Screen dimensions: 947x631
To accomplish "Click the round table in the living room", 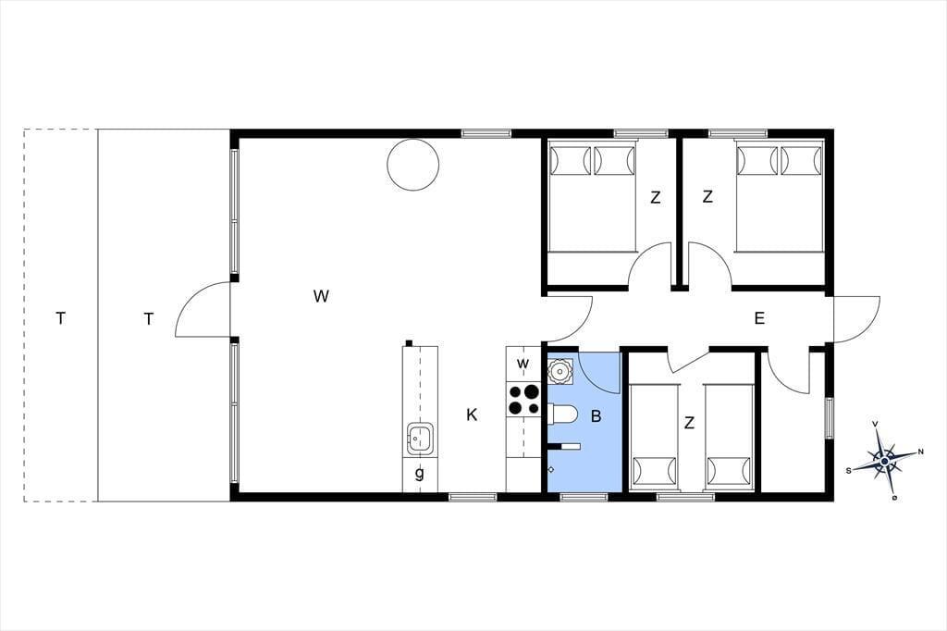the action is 412,165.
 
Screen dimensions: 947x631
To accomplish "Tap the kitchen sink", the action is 420,439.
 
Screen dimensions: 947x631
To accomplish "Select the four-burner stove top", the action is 523,400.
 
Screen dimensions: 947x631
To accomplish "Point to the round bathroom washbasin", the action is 560,370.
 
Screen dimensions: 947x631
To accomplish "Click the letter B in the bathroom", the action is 596,416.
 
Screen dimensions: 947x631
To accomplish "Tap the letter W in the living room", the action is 321,296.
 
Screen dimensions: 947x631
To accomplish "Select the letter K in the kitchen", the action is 473,415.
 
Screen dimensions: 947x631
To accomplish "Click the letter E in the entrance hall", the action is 760,318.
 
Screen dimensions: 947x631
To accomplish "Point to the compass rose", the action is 885,461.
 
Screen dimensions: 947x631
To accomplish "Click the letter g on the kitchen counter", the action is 419,474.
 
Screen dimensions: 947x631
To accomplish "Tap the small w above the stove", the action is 523,364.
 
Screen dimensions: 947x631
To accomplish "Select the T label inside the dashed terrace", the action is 60,318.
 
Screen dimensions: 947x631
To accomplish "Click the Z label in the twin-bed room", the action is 690,424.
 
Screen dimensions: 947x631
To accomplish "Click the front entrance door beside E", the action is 856,319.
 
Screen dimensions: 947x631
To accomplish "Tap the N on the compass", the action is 920,452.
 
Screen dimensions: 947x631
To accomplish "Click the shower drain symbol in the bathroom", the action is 551,469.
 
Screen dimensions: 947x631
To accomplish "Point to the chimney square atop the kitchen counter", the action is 409,343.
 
